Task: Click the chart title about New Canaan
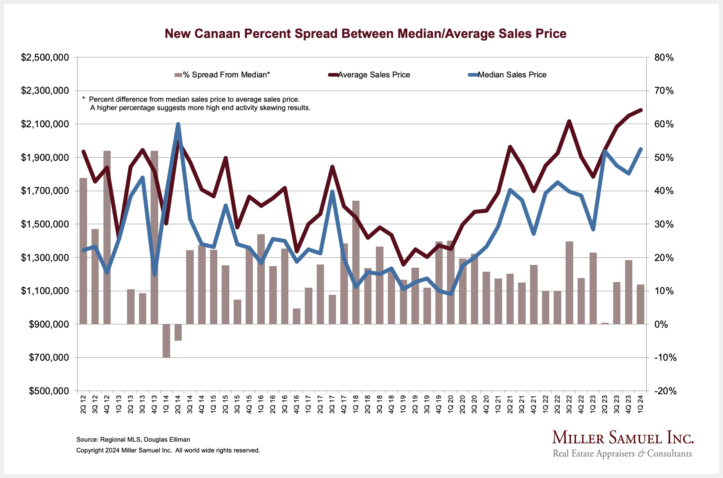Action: pyautogui.click(x=365, y=34)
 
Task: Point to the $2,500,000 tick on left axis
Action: pyautogui.click(x=45, y=58)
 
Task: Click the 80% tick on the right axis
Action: pyautogui.click(x=664, y=58)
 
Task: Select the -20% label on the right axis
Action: pyautogui.click(x=665, y=391)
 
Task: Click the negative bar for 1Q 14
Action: pyautogui.click(x=166, y=341)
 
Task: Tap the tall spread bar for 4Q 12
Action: pyautogui.click(x=107, y=237)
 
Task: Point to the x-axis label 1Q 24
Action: pyautogui.click(x=640, y=404)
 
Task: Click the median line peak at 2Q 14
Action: pyautogui.click(x=178, y=124)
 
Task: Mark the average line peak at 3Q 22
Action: pyautogui.click(x=569, y=121)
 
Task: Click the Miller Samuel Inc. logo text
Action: pyautogui.click(x=623, y=438)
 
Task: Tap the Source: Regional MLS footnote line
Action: pyautogui.click(x=133, y=440)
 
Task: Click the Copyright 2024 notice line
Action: pyautogui.click(x=168, y=450)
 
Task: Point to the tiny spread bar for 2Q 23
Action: pyautogui.click(x=605, y=323)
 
